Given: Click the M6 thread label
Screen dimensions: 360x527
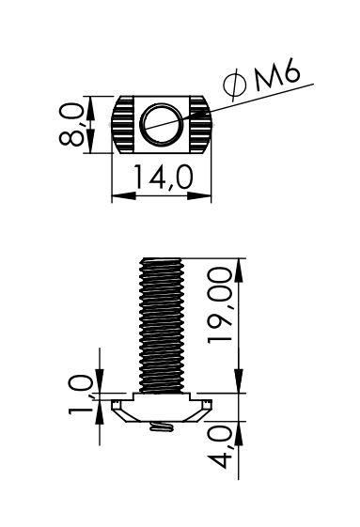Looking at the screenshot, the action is [276, 74].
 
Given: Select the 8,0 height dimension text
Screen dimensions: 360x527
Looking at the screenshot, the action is [71, 124].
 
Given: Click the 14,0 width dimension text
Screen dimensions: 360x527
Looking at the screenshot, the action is [164, 178].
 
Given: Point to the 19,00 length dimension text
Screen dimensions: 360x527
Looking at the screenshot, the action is [220, 305].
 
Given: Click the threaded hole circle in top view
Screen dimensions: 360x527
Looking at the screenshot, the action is [162, 125].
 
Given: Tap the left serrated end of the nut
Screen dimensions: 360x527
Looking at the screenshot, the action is [122, 125].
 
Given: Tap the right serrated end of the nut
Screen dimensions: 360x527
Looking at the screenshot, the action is [200, 125].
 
